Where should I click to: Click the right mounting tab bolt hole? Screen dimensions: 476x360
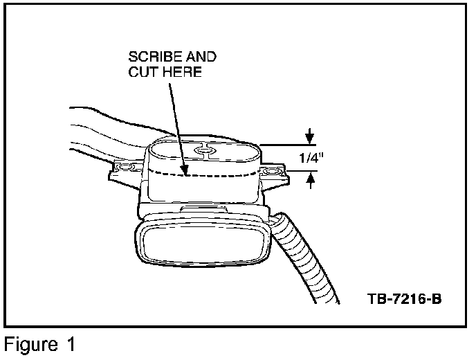[271, 169]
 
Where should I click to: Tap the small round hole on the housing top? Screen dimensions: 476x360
[203, 150]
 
